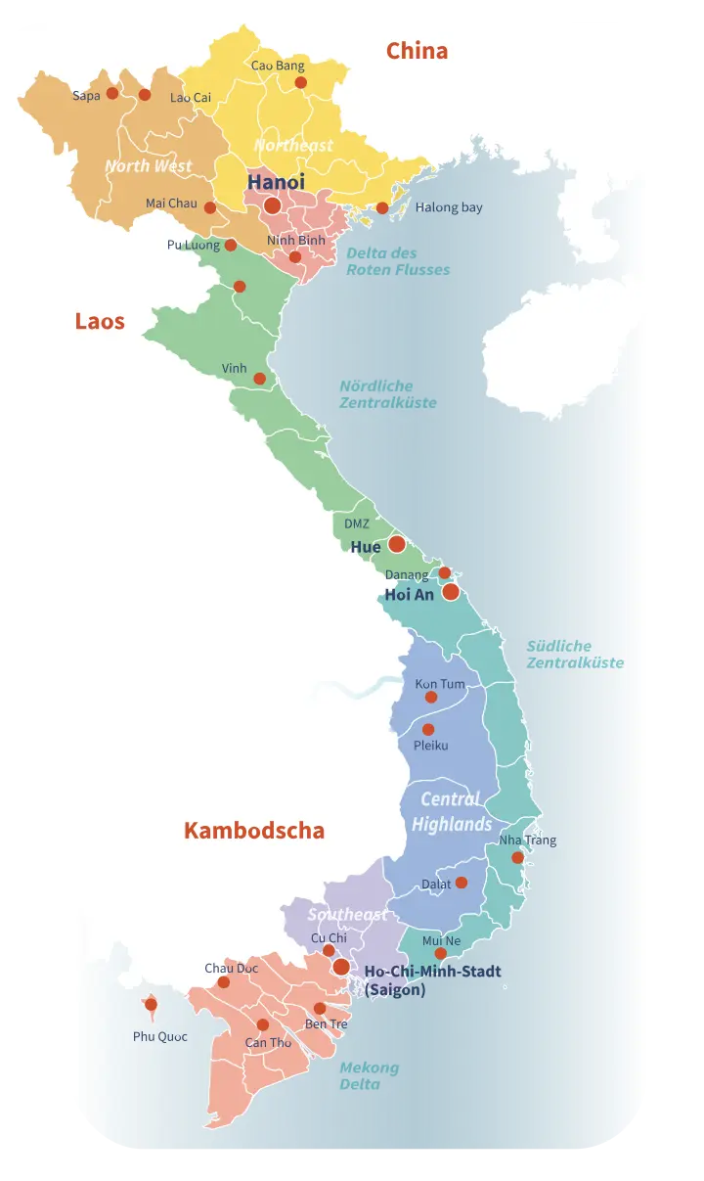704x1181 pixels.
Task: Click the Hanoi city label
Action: click(276, 182)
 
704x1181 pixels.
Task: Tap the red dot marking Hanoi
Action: click(272, 205)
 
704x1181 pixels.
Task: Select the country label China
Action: click(417, 51)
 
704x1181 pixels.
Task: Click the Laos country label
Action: click(100, 321)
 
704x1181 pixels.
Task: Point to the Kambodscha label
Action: click(253, 831)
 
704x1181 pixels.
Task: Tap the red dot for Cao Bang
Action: click(301, 83)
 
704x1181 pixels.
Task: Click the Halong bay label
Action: click(449, 207)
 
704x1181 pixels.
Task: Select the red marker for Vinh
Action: click(259, 379)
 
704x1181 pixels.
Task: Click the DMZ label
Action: click(357, 524)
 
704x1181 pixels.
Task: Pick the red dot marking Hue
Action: click(396, 543)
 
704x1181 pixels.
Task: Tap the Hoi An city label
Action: click(409, 594)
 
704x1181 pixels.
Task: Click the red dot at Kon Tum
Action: click(431, 698)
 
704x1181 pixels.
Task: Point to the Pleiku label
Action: click(430, 746)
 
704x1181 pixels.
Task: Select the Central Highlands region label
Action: click(451, 812)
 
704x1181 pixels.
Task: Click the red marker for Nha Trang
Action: click(517, 858)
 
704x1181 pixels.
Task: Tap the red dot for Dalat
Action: click(462, 883)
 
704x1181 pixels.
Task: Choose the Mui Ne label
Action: click(441, 940)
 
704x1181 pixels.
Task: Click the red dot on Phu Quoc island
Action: click(151, 1004)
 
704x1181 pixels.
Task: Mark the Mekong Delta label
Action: click(369, 1075)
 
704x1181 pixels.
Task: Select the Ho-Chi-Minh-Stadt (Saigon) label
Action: click(432, 980)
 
